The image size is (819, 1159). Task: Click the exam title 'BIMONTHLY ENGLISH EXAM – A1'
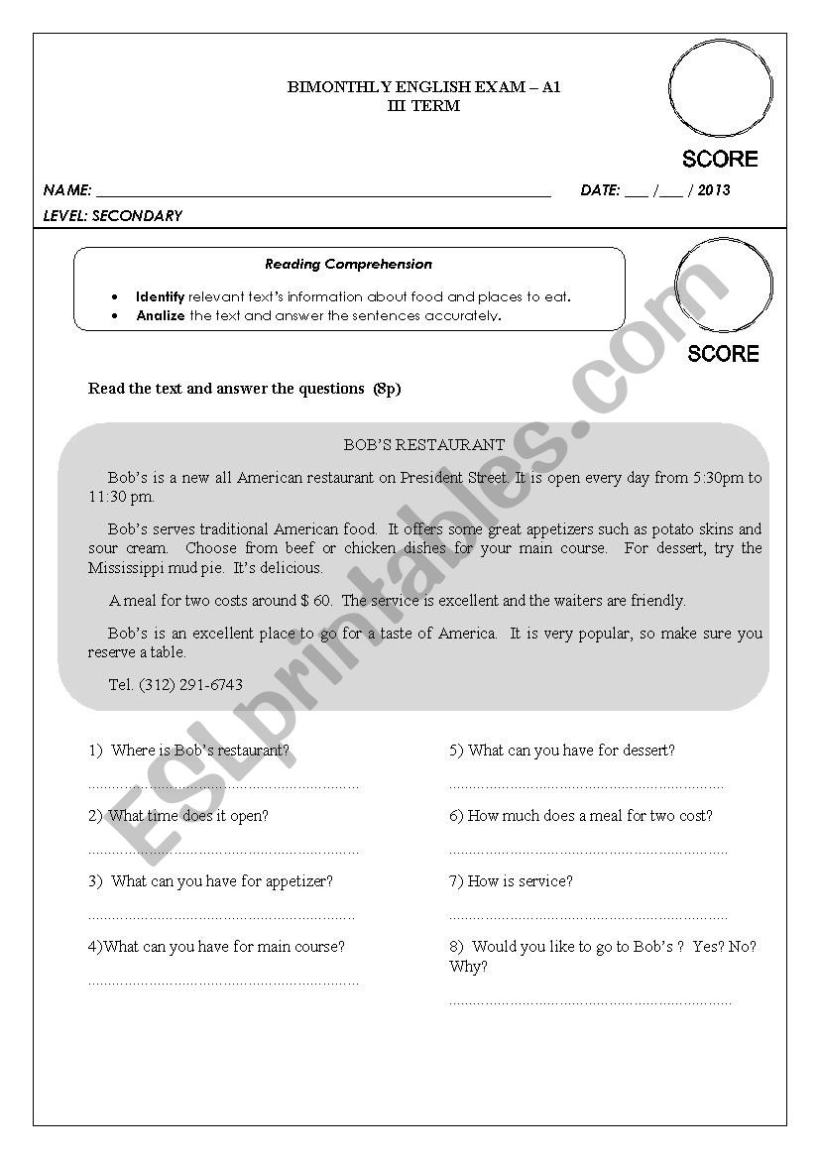tap(423, 87)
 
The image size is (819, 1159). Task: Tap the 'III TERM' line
tap(423, 105)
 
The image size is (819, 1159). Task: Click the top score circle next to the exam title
tap(720, 89)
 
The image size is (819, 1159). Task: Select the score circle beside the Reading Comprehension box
tap(723, 286)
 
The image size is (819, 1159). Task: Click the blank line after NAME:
tap(323, 191)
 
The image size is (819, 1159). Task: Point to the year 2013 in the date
tap(714, 190)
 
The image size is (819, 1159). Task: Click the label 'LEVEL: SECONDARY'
tap(113, 216)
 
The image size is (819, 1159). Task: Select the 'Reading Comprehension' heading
tap(348, 265)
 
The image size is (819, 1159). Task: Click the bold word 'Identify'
tap(161, 296)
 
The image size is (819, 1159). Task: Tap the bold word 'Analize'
tap(161, 316)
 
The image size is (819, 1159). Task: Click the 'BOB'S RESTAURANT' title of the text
tap(423, 445)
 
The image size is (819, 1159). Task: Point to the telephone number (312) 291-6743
tap(190, 684)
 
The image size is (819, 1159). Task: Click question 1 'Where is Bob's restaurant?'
tap(189, 751)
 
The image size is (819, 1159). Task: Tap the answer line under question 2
tap(224, 851)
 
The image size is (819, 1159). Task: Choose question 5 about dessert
tap(561, 751)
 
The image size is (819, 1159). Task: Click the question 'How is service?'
tap(511, 881)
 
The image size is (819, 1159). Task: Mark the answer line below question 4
tap(224, 982)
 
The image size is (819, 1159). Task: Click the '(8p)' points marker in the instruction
tap(387, 389)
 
